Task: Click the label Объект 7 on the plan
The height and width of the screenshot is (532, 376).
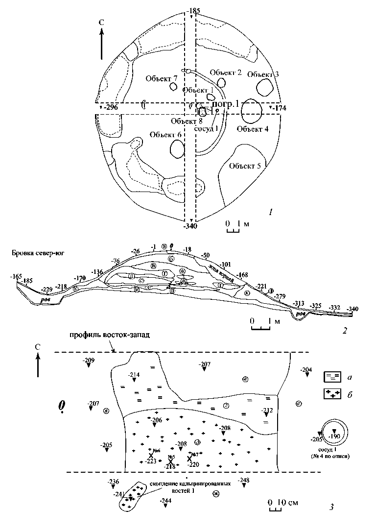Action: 161,78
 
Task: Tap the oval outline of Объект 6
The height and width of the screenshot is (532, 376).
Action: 177,147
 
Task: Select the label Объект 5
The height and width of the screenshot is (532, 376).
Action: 245,166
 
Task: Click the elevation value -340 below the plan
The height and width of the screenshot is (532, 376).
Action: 191,226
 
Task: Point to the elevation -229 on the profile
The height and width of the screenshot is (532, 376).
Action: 47,290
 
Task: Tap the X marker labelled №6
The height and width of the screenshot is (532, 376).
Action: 151,455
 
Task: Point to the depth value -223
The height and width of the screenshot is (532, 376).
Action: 150,461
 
